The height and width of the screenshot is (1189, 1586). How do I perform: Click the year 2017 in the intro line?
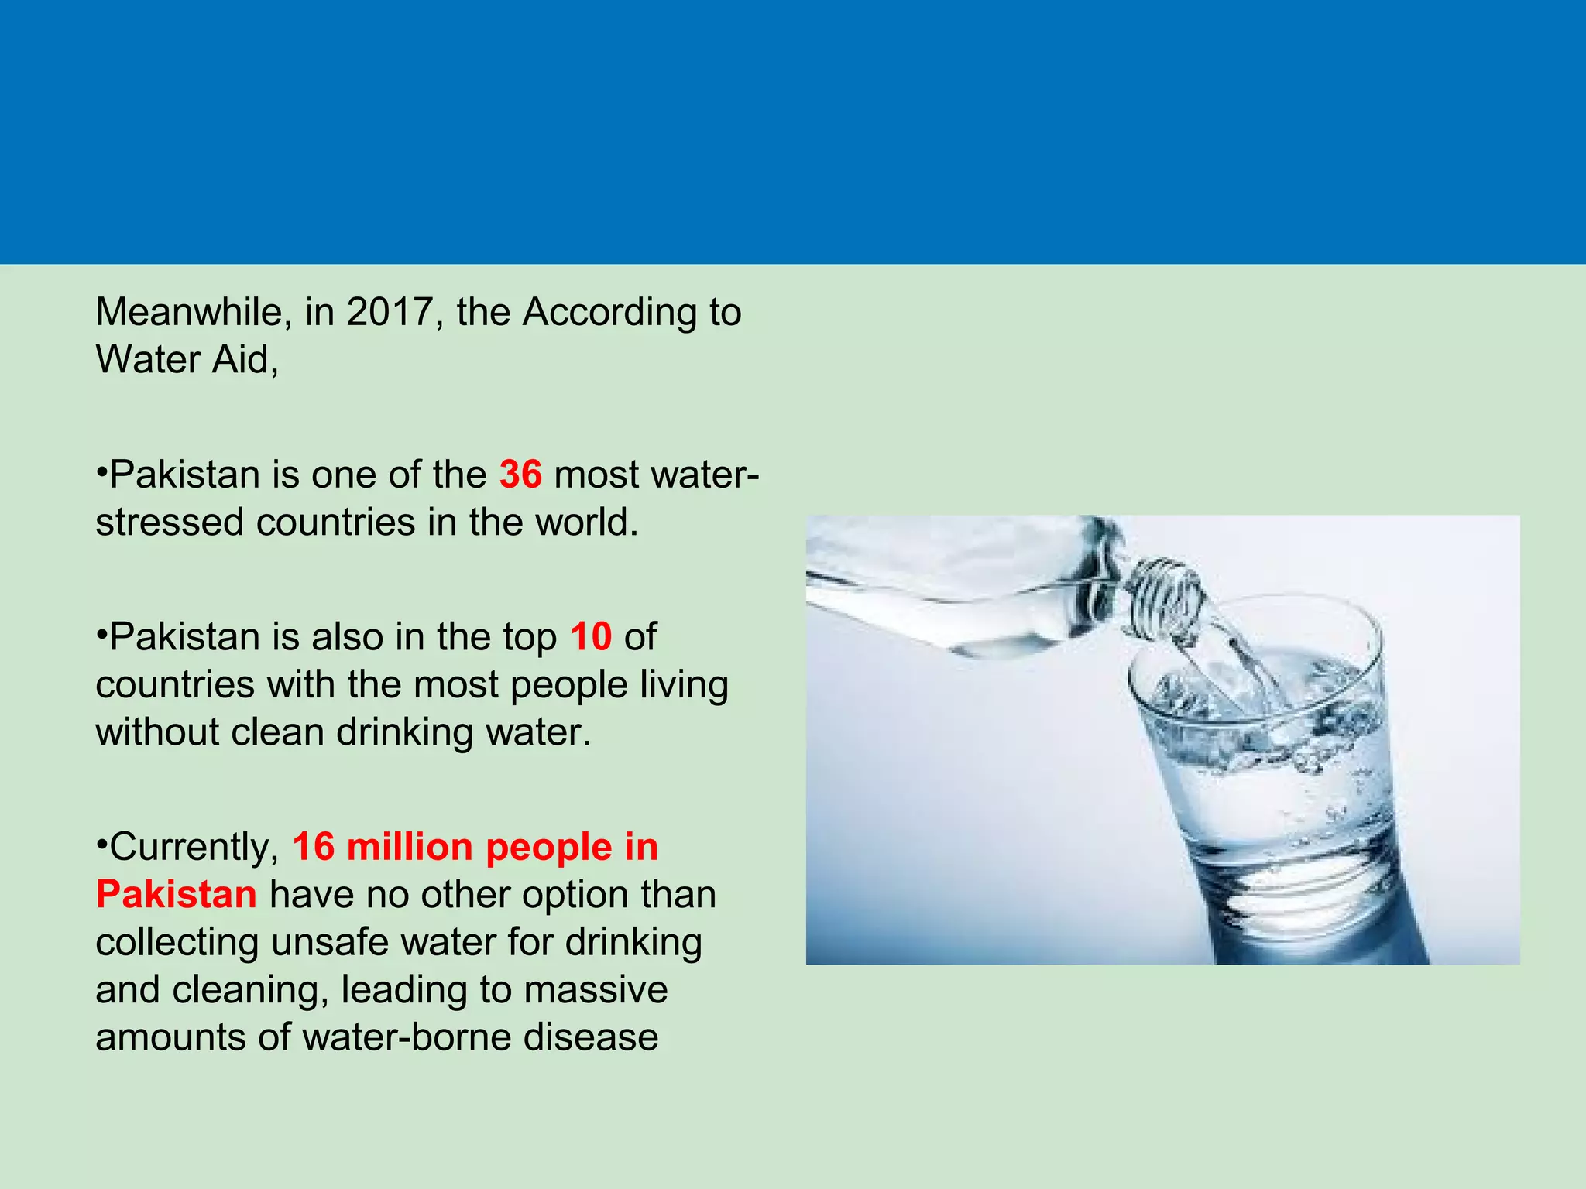tap(389, 313)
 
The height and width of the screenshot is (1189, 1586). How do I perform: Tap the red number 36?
tap(520, 475)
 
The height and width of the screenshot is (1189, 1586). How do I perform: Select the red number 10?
tap(591, 637)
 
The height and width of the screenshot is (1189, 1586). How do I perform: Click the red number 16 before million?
tap(314, 847)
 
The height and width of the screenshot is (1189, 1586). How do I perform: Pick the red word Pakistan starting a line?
tap(177, 895)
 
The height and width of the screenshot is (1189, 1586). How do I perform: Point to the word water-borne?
tap(407, 1037)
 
